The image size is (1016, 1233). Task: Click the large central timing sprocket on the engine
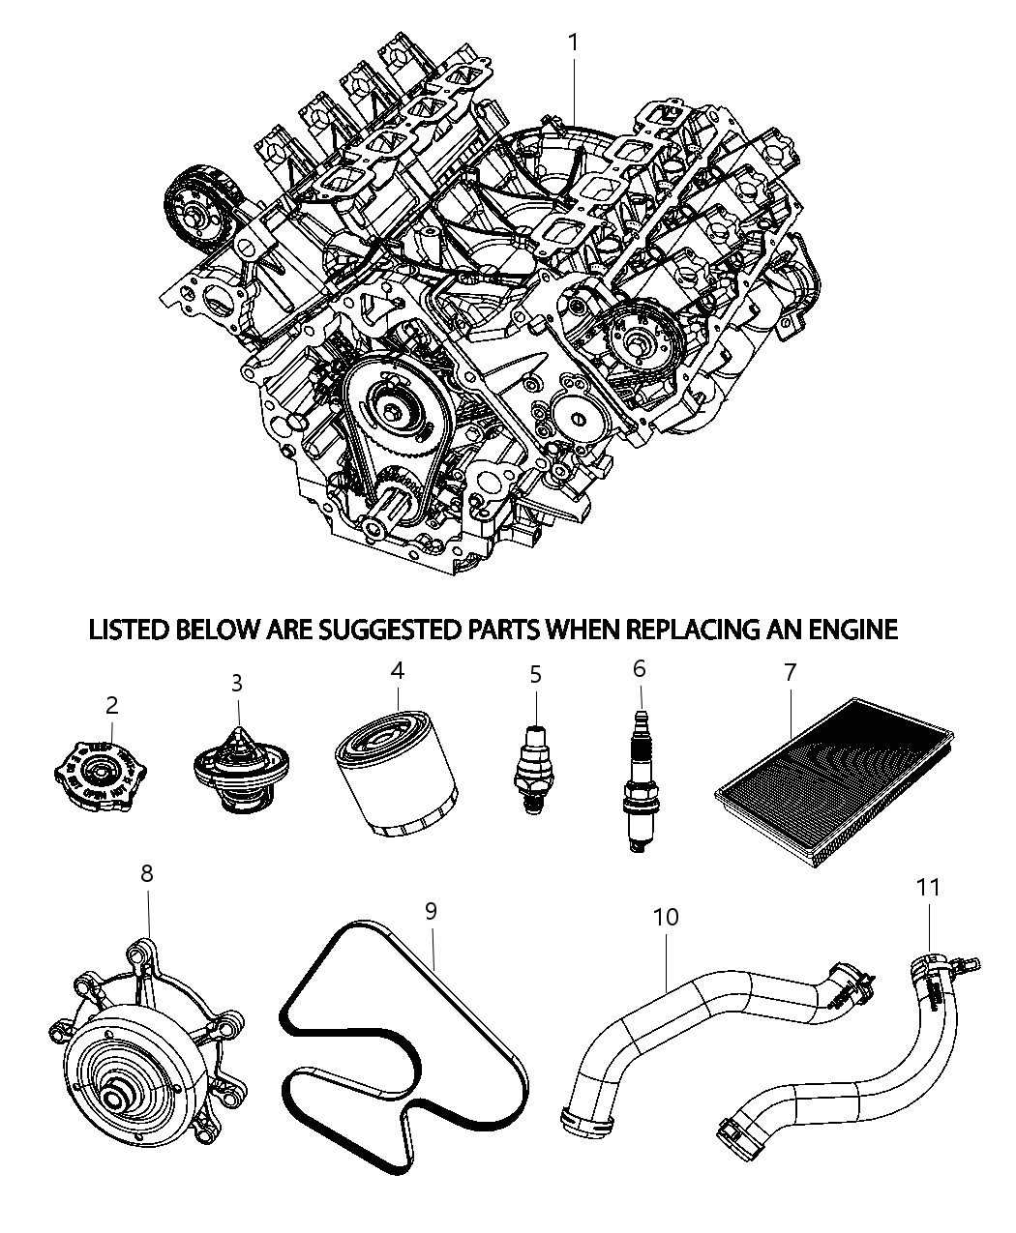tap(397, 412)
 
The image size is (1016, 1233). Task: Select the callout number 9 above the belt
tap(431, 910)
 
